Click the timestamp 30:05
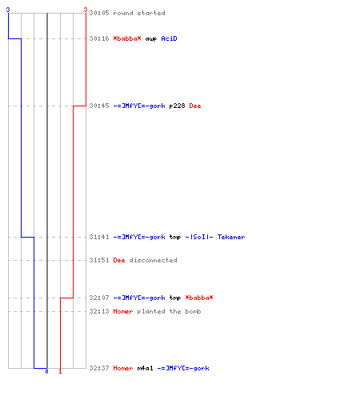(99, 13)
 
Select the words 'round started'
(139, 13)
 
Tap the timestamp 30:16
(99, 38)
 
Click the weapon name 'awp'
(151, 39)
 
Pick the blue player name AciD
(169, 38)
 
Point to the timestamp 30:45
(99, 106)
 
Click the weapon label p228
(177, 106)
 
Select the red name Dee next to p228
(195, 106)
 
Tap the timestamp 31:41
(99, 237)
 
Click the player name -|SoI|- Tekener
(215, 237)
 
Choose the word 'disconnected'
(153, 260)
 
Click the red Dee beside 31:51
(119, 260)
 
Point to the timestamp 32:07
(99, 298)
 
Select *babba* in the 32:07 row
(199, 298)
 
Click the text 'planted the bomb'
(169, 311)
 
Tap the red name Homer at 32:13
(123, 311)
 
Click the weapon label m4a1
(145, 368)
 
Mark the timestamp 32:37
(99, 368)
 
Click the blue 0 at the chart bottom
(46, 371)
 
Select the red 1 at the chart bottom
(60, 371)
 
